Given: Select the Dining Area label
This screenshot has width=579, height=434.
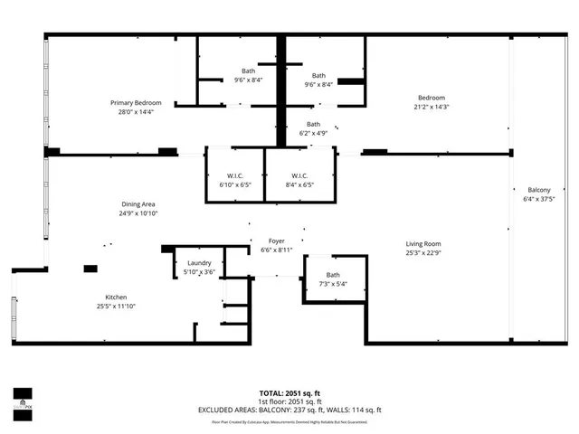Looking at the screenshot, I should [138, 204].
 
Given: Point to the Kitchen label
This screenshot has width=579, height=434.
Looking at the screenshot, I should [115, 297].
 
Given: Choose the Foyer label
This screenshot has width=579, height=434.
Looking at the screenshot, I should [277, 241].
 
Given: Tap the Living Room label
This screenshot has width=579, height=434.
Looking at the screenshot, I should [422, 243].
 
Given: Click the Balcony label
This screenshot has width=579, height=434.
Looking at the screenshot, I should [539, 189].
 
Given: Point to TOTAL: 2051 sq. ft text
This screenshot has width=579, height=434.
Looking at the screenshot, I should [289, 393].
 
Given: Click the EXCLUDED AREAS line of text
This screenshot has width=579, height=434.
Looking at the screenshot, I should [289, 410].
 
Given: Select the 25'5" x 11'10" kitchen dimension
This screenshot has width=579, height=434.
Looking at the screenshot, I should [115, 307].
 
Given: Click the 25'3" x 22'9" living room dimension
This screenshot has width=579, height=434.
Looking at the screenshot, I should [422, 252].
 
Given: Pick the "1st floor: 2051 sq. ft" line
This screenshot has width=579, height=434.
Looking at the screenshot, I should [289, 401].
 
